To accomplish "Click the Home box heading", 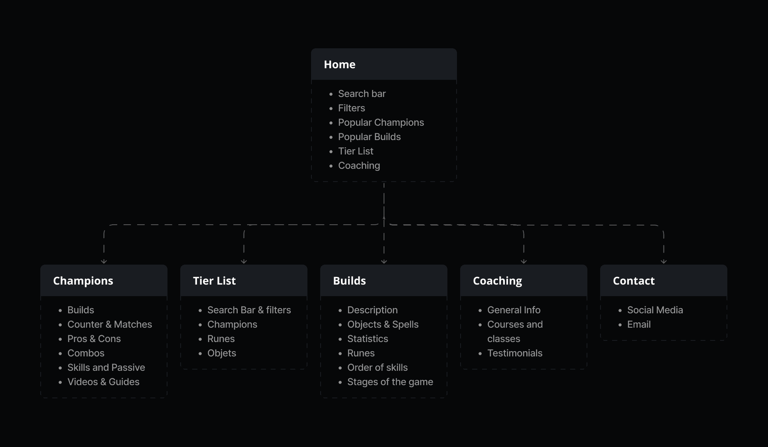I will pos(339,65).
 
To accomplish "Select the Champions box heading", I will pos(83,281).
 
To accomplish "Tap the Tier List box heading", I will pos(214,281).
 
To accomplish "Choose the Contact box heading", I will pos(634,281).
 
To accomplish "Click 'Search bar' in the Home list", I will pos(362,94).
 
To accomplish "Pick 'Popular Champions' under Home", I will pos(381,123).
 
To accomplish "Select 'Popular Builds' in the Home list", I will pos(369,137).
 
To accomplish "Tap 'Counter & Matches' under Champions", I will pos(110,324).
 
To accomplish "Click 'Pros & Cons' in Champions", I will pos(94,339).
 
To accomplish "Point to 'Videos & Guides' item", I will pos(103,382).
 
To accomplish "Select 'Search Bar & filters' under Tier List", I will pos(249,310).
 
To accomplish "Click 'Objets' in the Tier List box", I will pos(222,353).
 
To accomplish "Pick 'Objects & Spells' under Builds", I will pos(383,324).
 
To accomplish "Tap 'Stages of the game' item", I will pos(390,382).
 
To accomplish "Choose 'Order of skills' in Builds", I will pos(377,368).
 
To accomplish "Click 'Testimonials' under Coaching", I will pos(515,353).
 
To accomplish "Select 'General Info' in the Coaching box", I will pos(514,310).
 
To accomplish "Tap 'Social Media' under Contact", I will pos(655,310).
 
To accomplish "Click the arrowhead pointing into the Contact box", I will pos(664,262).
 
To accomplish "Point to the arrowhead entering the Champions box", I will pos(104,262).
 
